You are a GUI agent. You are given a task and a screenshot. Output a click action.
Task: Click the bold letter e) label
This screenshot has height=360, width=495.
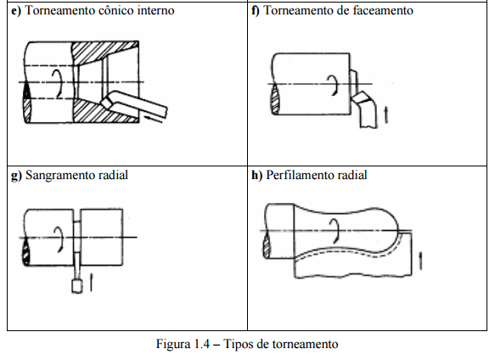(16, 11)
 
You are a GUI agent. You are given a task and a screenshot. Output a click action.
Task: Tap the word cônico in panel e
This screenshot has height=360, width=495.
(115, 10)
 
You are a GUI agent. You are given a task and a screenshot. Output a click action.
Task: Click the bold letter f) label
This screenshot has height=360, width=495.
(256, 11)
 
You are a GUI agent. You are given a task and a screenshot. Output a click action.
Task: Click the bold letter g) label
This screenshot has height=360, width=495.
(16, 176)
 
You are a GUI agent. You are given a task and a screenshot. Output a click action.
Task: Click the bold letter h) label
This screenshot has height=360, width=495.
(256, 175)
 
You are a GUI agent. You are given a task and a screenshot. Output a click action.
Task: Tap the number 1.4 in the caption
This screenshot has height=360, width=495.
(202, 344)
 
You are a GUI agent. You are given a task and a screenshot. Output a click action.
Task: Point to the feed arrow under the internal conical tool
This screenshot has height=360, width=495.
(154, 120)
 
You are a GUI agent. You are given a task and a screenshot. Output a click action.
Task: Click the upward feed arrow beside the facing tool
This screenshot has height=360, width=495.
(385, 115)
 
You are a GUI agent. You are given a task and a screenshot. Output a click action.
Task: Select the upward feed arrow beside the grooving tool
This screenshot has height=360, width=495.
(91, 283)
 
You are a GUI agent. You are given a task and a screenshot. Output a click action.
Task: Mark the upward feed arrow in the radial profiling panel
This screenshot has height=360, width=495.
(420, 262)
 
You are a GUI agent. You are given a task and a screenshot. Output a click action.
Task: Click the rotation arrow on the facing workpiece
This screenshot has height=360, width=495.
(333, 85)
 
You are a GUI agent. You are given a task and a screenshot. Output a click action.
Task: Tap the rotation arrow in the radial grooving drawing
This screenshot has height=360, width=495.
(59, 239)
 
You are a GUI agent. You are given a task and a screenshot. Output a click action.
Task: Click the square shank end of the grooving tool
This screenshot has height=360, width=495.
(77, 286)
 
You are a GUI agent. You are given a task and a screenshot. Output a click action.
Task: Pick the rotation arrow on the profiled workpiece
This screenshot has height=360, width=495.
(335, 232)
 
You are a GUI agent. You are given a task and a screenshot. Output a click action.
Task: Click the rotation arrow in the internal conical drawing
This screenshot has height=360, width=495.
(58, 84)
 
